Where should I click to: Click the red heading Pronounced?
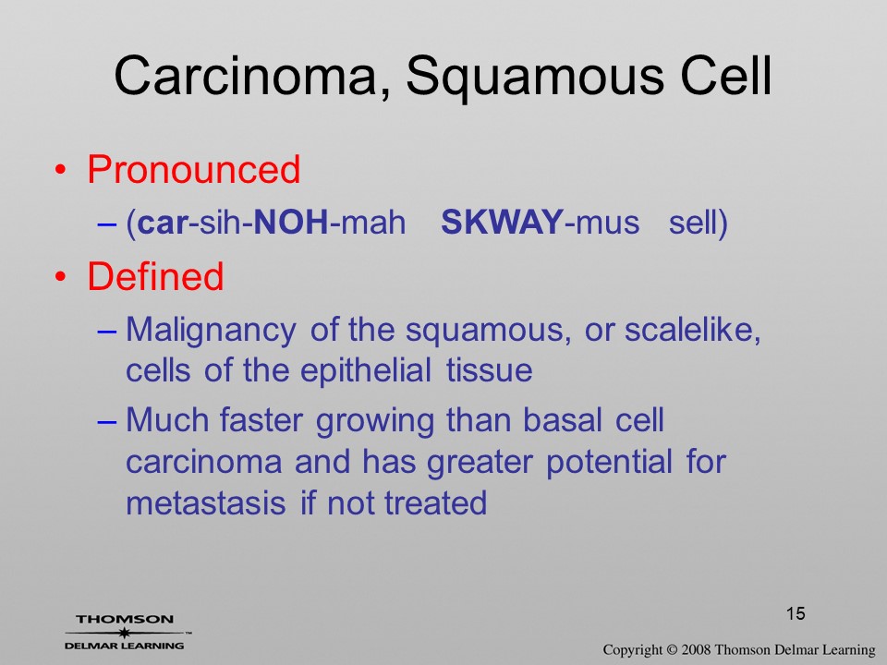tap(193, 169)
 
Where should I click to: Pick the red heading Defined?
tap(155, 276)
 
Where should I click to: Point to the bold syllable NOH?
tap(291, 222)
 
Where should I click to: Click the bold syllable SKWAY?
tap(503, 222)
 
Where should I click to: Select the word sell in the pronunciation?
tap(691, 222)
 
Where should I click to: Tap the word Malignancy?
tap(211, 331)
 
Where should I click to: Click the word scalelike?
tap(688, 329)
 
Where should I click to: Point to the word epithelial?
tap(366, 371)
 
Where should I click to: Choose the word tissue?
tap(490, 371)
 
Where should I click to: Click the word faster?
tap(261, 421)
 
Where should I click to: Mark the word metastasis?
tap(205, 503)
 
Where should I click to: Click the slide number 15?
tap(796, 613)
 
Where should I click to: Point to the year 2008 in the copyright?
tap(697, 649)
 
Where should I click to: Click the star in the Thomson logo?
tap(124, 632)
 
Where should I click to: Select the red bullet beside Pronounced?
tap(61, 170)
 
